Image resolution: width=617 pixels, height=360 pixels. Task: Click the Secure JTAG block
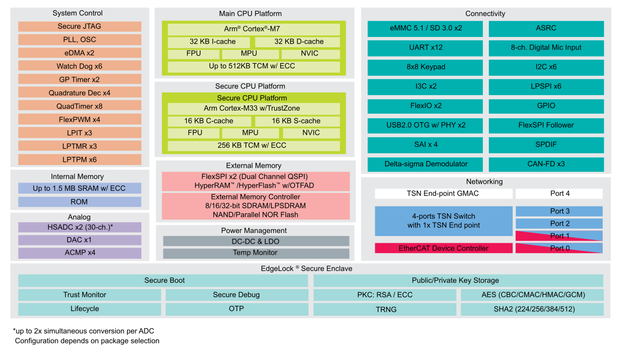(x=80, y=26)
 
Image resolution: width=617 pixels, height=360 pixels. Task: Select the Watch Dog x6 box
(x=80, y=66)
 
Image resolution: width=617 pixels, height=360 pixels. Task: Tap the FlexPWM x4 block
(x=80, y=119)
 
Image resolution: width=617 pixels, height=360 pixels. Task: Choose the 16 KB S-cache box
(x=297, y=121)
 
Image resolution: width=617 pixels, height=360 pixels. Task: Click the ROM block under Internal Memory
(x=80, y=202)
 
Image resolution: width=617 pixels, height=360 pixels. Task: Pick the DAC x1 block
(x=80, y=240)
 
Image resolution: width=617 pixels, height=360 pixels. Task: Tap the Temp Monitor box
(x=256, y=253)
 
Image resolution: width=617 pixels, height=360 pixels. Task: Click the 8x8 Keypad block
(x=425, y=67)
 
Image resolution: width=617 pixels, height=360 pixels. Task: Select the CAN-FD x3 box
(x=546, y=164)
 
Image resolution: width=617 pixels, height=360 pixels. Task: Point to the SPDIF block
(x=546, y=145)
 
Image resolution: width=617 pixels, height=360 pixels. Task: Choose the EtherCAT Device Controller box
(x=443, y=248)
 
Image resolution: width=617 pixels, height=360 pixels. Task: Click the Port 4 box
(x=559, y=193)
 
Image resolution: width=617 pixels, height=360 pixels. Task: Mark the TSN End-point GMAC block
(x=443, y=193)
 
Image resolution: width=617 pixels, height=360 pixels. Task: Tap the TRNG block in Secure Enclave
(x=384, y=310)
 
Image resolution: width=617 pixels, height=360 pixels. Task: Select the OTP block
(x=236, y=309)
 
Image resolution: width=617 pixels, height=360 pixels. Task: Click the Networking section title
(x=484, y=182)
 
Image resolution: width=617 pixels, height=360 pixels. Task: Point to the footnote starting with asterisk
(x=83, y=330)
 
